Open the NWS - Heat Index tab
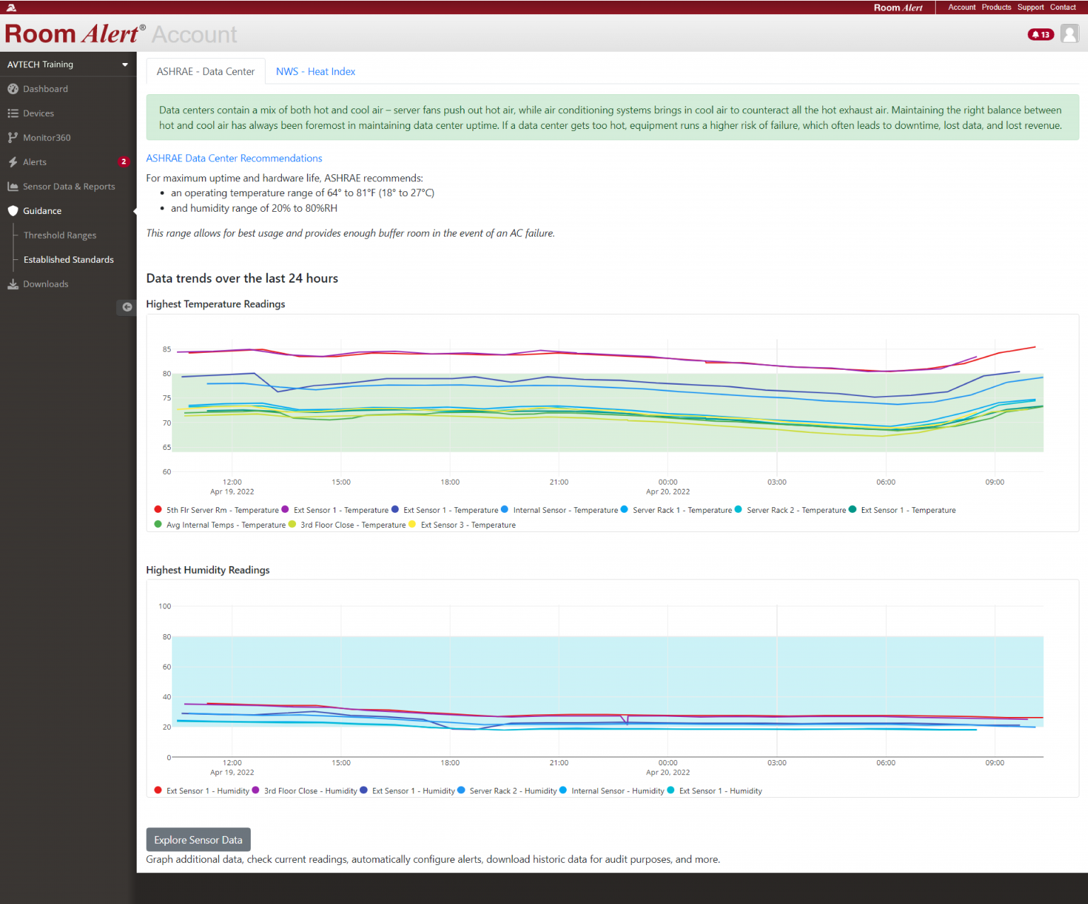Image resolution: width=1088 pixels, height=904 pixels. pos(315,72)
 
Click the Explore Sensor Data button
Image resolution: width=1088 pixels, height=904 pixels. pos(198,840)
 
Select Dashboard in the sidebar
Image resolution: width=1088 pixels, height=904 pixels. pos(45,89)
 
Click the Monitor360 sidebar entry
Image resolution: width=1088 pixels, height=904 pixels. pos(47,138)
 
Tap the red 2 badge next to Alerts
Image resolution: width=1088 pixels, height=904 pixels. pos(124,162)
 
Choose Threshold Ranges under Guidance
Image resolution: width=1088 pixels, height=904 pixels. pos(59,235)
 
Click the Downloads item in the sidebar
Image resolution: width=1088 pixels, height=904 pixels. pos(45,284)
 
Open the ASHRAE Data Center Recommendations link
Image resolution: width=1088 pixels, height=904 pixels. pos(234,159)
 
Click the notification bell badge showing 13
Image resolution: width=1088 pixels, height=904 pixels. pos(1041,35)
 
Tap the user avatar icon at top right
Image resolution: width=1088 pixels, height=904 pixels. pos(1070,34)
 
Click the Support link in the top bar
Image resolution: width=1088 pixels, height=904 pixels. pos(1030,7)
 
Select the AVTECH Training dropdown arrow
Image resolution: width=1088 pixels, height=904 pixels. pos(125,64)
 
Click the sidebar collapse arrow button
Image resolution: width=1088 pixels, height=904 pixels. pos(127,307)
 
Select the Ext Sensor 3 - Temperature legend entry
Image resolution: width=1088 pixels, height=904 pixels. pos(467,525)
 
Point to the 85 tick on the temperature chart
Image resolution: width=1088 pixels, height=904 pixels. pos(167,349)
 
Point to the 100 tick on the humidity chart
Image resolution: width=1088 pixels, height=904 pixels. pos(165,606)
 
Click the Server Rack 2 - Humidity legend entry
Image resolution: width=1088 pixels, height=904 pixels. pos(512,791)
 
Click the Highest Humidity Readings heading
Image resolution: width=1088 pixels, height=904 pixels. pos(208,570)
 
